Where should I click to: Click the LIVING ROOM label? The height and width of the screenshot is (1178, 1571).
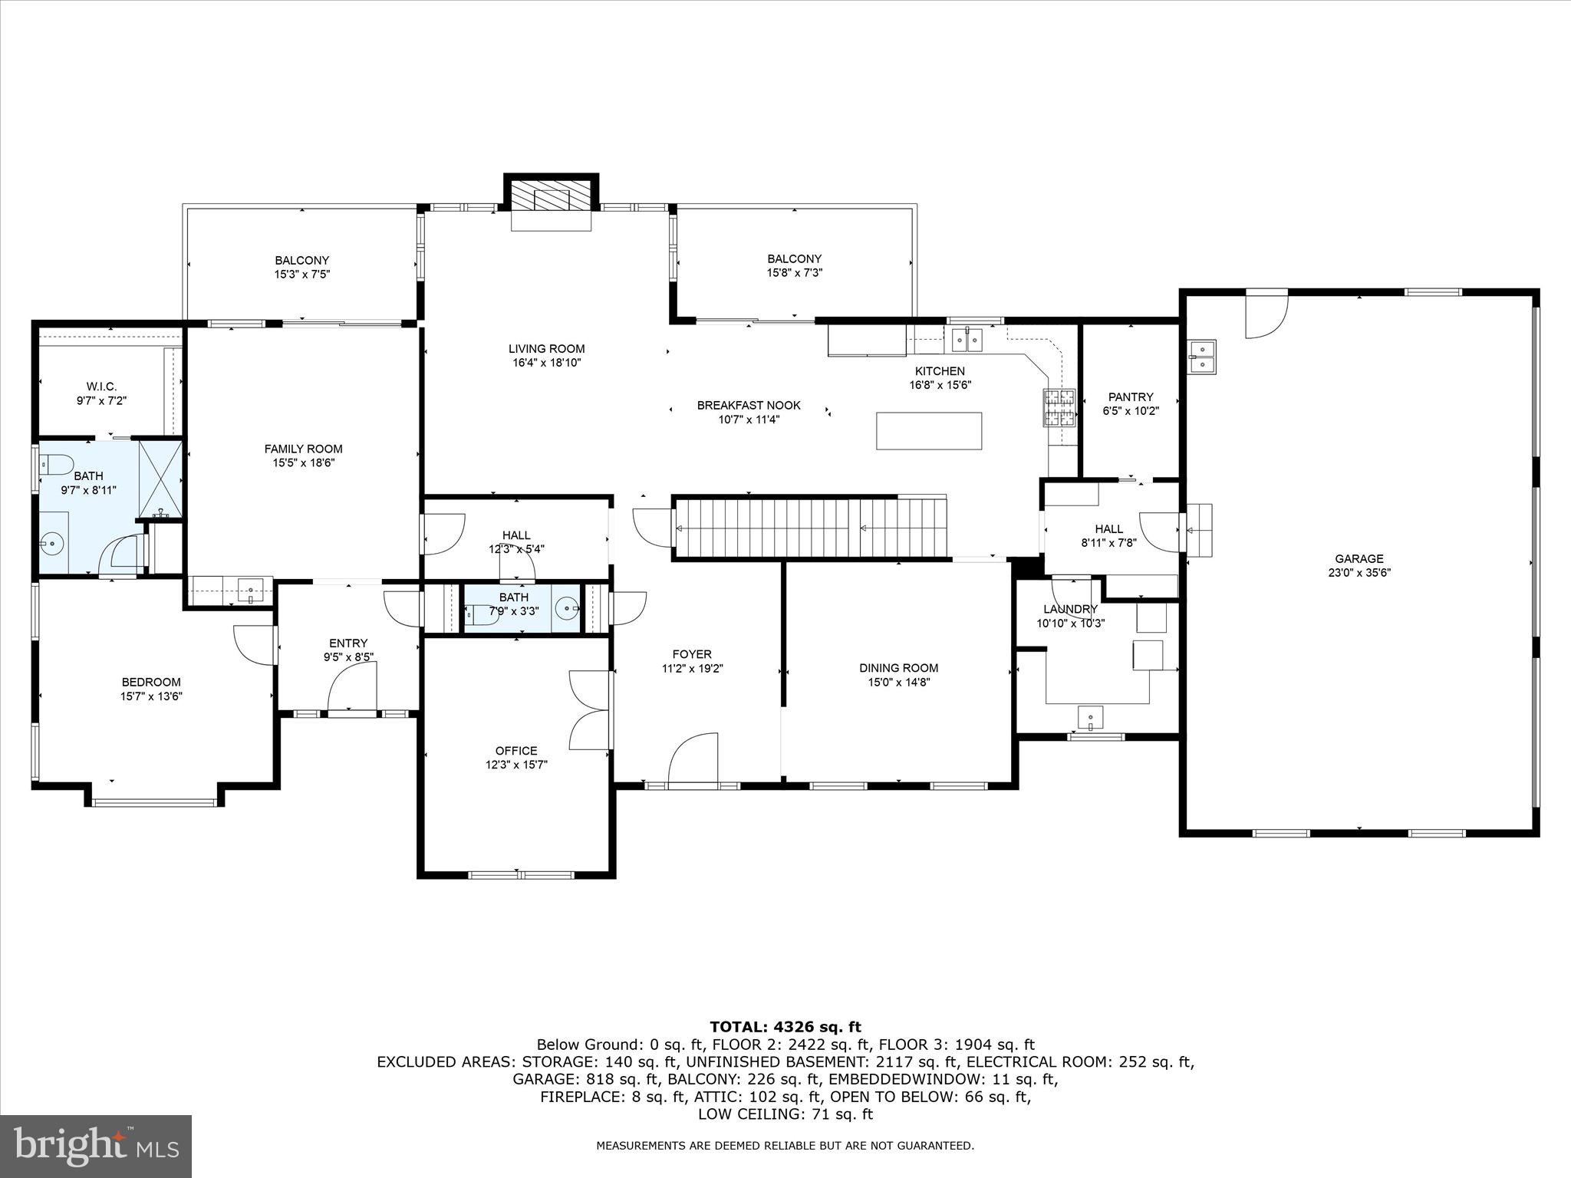(546, 349)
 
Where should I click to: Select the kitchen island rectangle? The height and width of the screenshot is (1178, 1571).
(929, 431)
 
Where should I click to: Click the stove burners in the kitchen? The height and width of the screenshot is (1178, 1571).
(1059, 407)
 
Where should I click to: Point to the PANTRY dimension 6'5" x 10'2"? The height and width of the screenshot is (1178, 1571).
(1130, 410)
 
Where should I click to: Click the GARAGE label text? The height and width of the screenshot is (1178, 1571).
(1359, 559)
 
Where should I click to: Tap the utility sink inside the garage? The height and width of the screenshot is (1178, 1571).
(1202, 357)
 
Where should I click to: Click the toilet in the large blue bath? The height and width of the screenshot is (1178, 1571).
(55, 463)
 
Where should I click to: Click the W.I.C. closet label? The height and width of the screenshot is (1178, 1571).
(101, 387)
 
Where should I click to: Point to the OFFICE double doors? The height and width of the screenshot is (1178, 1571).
(589, 710)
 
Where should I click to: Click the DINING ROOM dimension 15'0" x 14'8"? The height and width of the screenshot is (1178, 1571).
(898, 682)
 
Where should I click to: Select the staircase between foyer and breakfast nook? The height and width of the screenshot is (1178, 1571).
(809, 528)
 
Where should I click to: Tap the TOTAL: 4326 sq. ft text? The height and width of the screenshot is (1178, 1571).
(785, 1027)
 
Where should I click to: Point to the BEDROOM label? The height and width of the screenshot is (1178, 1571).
(151, 682)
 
